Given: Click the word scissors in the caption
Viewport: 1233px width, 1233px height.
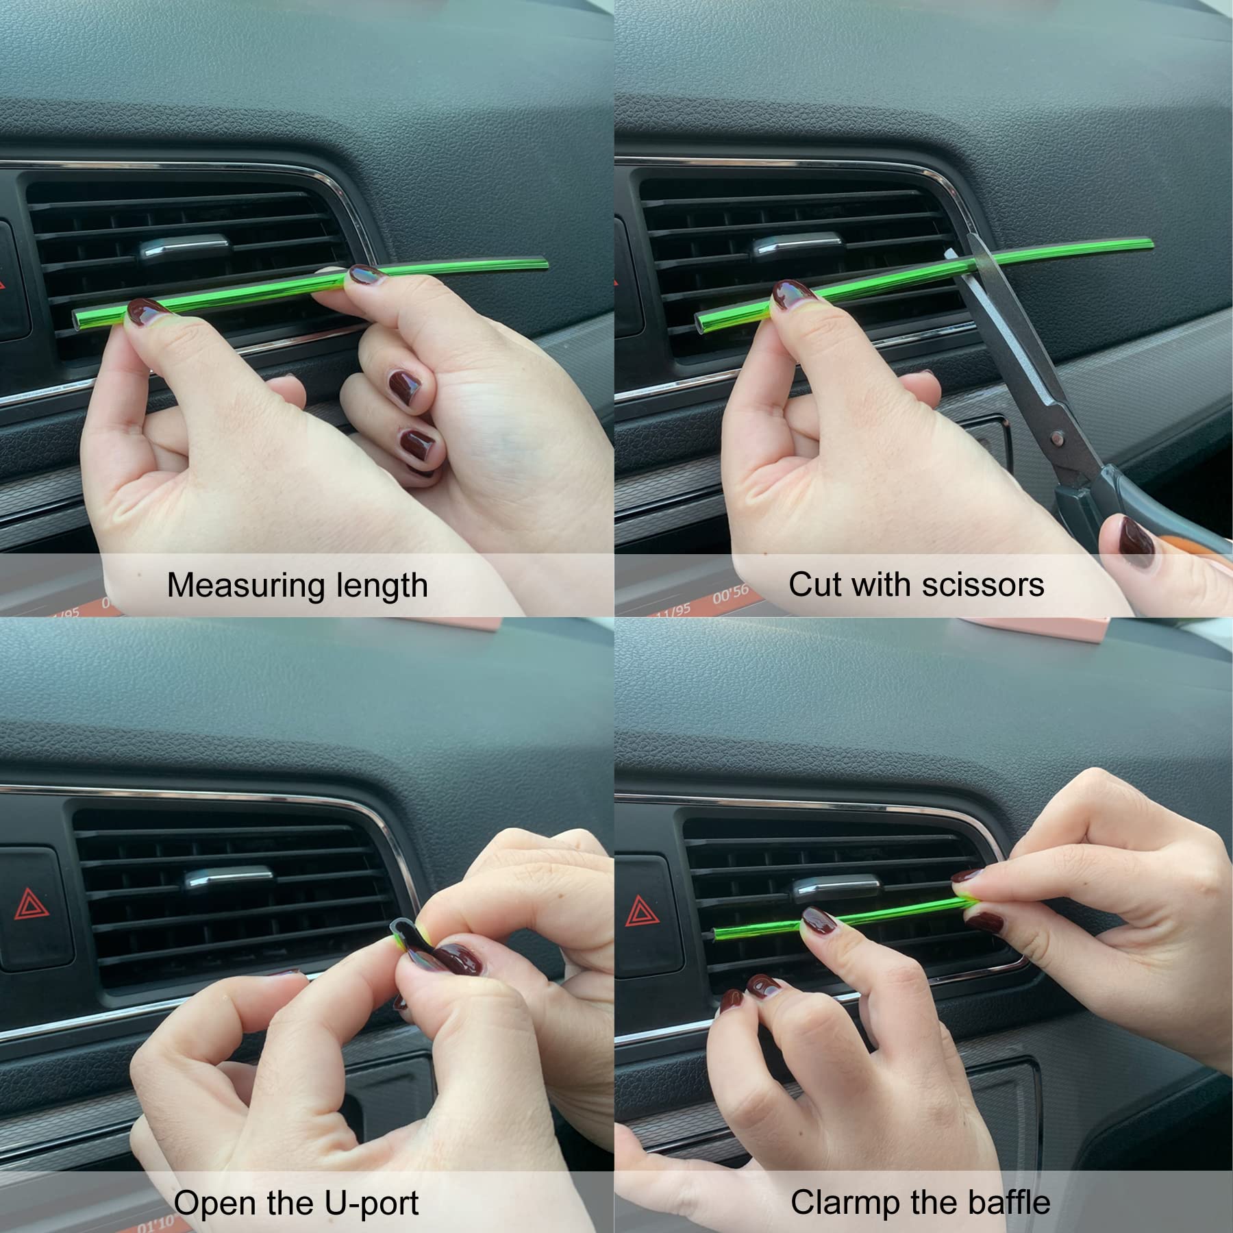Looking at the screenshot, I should [983, 585].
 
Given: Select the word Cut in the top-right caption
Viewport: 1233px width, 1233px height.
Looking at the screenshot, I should [812, 585].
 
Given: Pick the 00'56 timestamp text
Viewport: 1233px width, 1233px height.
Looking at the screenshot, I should [730, 594].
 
